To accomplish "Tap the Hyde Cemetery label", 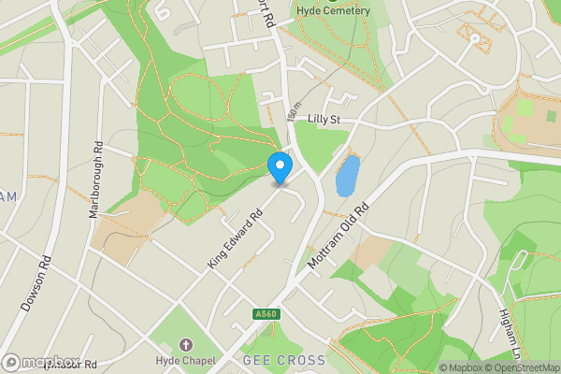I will pos(334,10).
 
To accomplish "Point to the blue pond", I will pos(348,175).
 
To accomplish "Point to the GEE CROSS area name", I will pos(283,360).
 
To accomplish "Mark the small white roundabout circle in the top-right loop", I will pos(475,38).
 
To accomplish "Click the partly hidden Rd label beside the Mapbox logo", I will pos(89,364).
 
